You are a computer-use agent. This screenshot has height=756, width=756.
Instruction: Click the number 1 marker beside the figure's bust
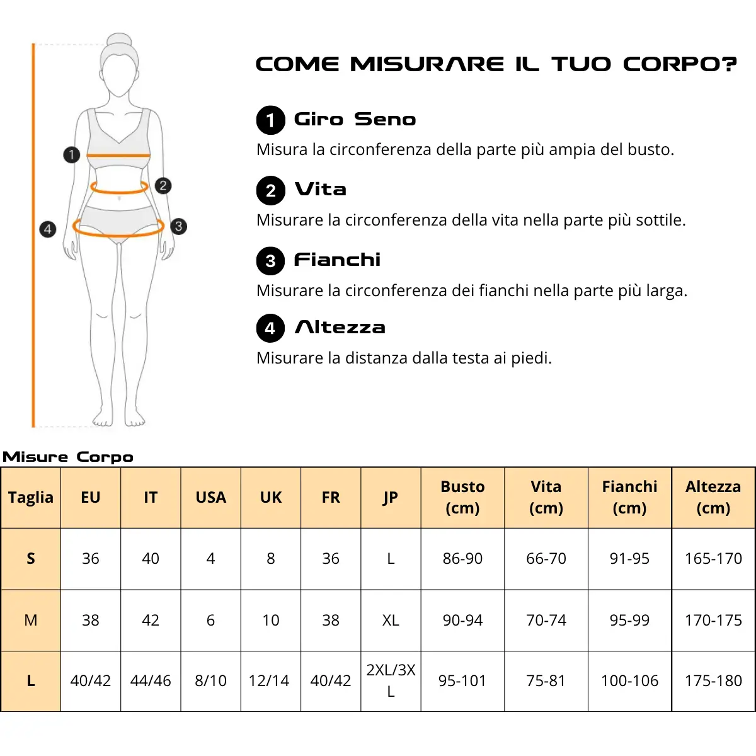(x=71, y=154)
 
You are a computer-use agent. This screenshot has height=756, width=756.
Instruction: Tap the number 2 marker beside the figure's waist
(x=163, y=186)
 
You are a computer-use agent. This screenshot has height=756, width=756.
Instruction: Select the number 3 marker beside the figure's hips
(x=178, y=226)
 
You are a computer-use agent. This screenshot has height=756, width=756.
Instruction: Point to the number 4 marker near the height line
(x=48, y=229)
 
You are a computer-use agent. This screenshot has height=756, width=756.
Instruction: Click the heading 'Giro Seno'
(x=355, y=119)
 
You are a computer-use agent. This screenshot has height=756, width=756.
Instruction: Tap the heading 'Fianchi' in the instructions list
(x=338, y=260)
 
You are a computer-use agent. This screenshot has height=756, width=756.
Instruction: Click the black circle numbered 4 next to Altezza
(x=270, y=328)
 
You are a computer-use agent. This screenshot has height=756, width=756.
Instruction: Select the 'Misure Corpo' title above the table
(x=68, y=457)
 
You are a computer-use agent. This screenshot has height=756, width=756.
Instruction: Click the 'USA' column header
(x=210, y=498)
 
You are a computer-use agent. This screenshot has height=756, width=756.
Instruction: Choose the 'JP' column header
(x=391, y=498)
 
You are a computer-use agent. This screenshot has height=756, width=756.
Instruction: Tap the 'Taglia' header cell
(x=31, y=498)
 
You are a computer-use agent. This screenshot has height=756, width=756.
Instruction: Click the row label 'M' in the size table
(x=31, y=621)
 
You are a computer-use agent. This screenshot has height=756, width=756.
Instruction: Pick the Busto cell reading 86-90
(x=462, y=558)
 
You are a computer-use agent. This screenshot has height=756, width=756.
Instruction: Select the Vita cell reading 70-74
(x=546, y=621)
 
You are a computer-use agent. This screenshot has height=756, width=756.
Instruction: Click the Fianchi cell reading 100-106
(x=629, y=680)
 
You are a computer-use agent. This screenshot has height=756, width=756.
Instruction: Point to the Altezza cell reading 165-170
(x=713, y=558)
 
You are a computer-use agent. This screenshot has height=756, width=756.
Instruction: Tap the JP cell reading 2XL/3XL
(x=391, y=680)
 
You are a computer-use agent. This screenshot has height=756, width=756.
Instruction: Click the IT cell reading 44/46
(x=151, y=680)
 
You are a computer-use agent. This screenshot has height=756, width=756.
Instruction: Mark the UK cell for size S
(x=271, y=558)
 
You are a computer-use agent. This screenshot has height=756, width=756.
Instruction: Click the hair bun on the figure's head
(x=119, y=40)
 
